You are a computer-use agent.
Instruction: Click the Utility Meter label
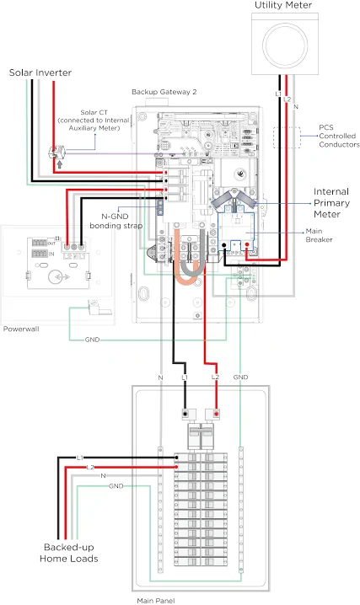click(x=283, y=5)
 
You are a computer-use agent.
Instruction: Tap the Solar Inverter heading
click(x=40, y=72)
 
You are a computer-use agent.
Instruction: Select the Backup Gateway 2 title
click(x=164, y=92)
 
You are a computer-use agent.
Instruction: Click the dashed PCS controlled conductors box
click(x=287, y=137)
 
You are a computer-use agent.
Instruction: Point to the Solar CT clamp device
click(x=56, y=153)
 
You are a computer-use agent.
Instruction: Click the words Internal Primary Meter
click(x=331, y=203)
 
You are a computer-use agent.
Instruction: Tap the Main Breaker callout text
click(x=319, y=235)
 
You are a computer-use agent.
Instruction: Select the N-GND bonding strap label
click(x=116, y=221)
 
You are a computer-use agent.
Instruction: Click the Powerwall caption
click(x=21, y=329)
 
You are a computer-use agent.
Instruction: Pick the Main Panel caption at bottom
click(x=155, y=601)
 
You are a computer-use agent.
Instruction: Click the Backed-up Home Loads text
click(x=68, y=553)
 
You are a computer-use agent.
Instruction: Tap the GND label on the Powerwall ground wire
click(x=92, y=340)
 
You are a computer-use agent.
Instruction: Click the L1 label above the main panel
click(x=185, y=377)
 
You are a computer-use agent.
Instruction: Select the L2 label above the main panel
click(x=215, y=377)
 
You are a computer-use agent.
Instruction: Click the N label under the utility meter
click(x=296, y=106)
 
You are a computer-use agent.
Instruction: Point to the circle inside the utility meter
click(x=285, y=41)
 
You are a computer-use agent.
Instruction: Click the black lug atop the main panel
click(x=185, y=414)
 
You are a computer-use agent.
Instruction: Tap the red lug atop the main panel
click(x=216, y=414)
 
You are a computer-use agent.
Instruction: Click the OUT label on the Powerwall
click(x=51, y=243)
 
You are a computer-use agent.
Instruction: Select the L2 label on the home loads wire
click(x=90, y=468)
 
